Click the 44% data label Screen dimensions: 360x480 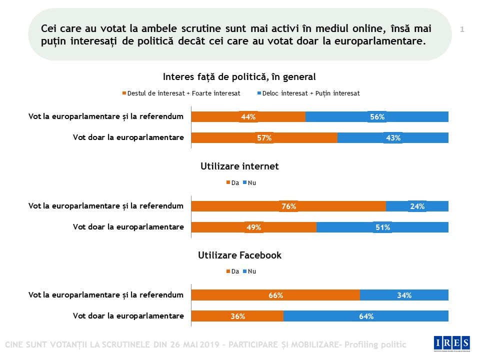tap(248, 117)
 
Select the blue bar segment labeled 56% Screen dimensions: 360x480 tap(377, 117)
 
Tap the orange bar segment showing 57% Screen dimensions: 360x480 tap(264, 138)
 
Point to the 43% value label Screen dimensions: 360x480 tap(393, 138)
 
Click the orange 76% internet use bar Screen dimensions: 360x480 tap(288, 206)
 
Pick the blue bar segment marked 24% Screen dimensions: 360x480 tap(417, 206)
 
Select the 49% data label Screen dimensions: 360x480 tap(253, 227)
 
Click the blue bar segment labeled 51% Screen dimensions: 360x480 tap(382, 227)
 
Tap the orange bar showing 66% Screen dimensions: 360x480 tap(275, 295)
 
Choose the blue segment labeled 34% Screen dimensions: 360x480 tap(404, 295)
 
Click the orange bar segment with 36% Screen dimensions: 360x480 tap(237, 316)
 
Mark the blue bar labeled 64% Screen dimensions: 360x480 tap(366, 316)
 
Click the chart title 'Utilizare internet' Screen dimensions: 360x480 tap(239, 166)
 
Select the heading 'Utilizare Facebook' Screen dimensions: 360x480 tap(239, 255)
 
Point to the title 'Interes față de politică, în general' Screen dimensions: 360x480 tap(239, 77)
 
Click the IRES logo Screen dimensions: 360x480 tap(451, 342)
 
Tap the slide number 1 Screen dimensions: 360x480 tap(462, 29)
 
